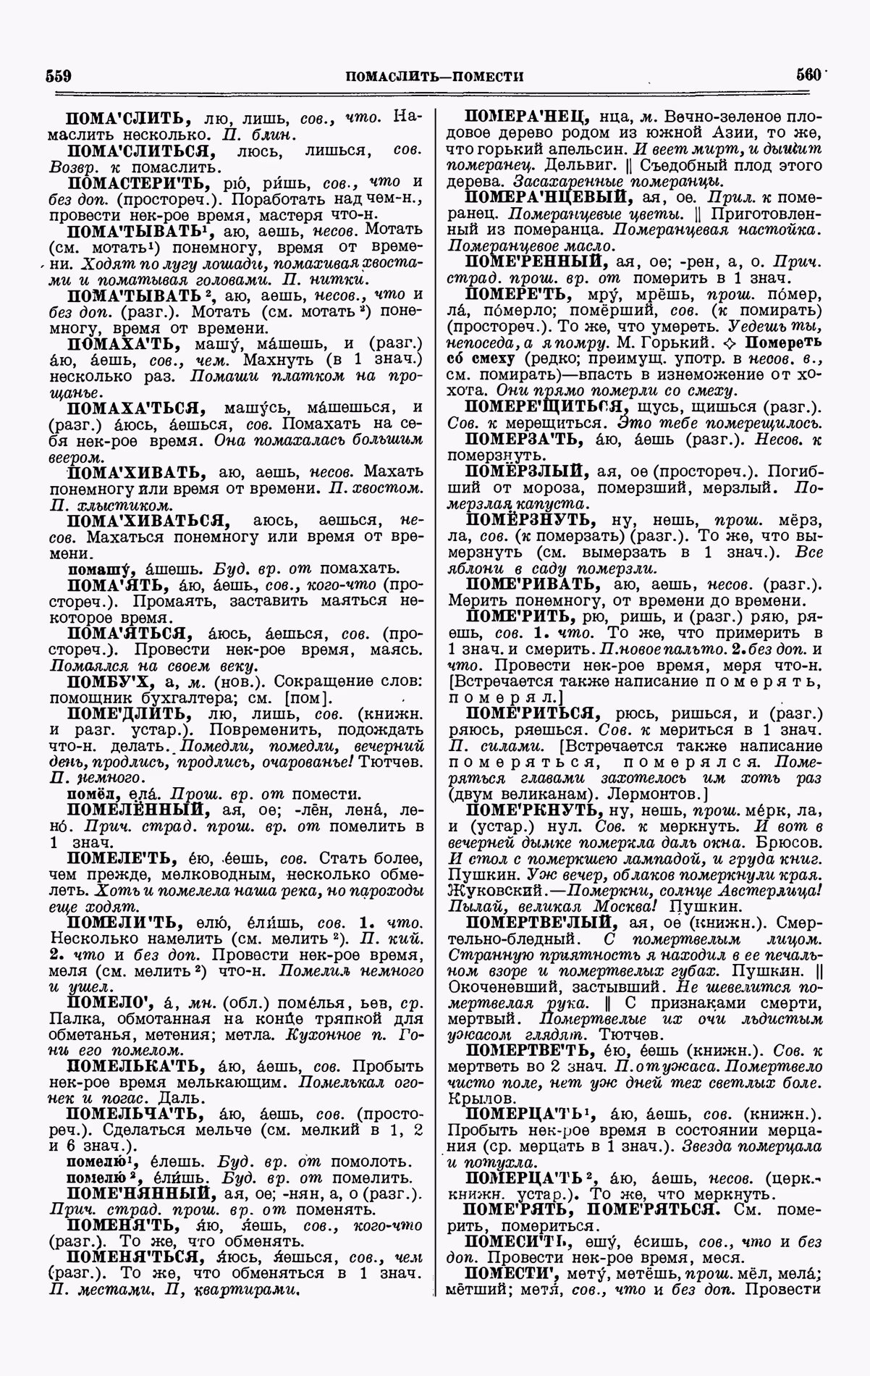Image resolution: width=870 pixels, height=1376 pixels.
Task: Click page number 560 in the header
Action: [809, 75]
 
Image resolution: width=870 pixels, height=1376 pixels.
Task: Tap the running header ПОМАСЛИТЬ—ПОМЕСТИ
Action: [434, 77]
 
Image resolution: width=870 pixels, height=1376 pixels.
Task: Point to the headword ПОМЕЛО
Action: [107, 1002]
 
